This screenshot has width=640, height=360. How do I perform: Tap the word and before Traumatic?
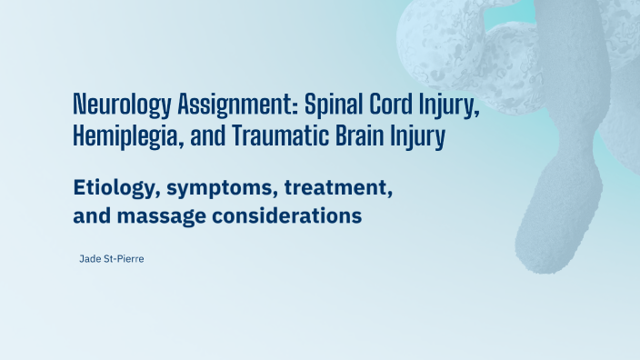205,139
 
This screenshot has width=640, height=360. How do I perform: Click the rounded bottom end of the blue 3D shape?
545,255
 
